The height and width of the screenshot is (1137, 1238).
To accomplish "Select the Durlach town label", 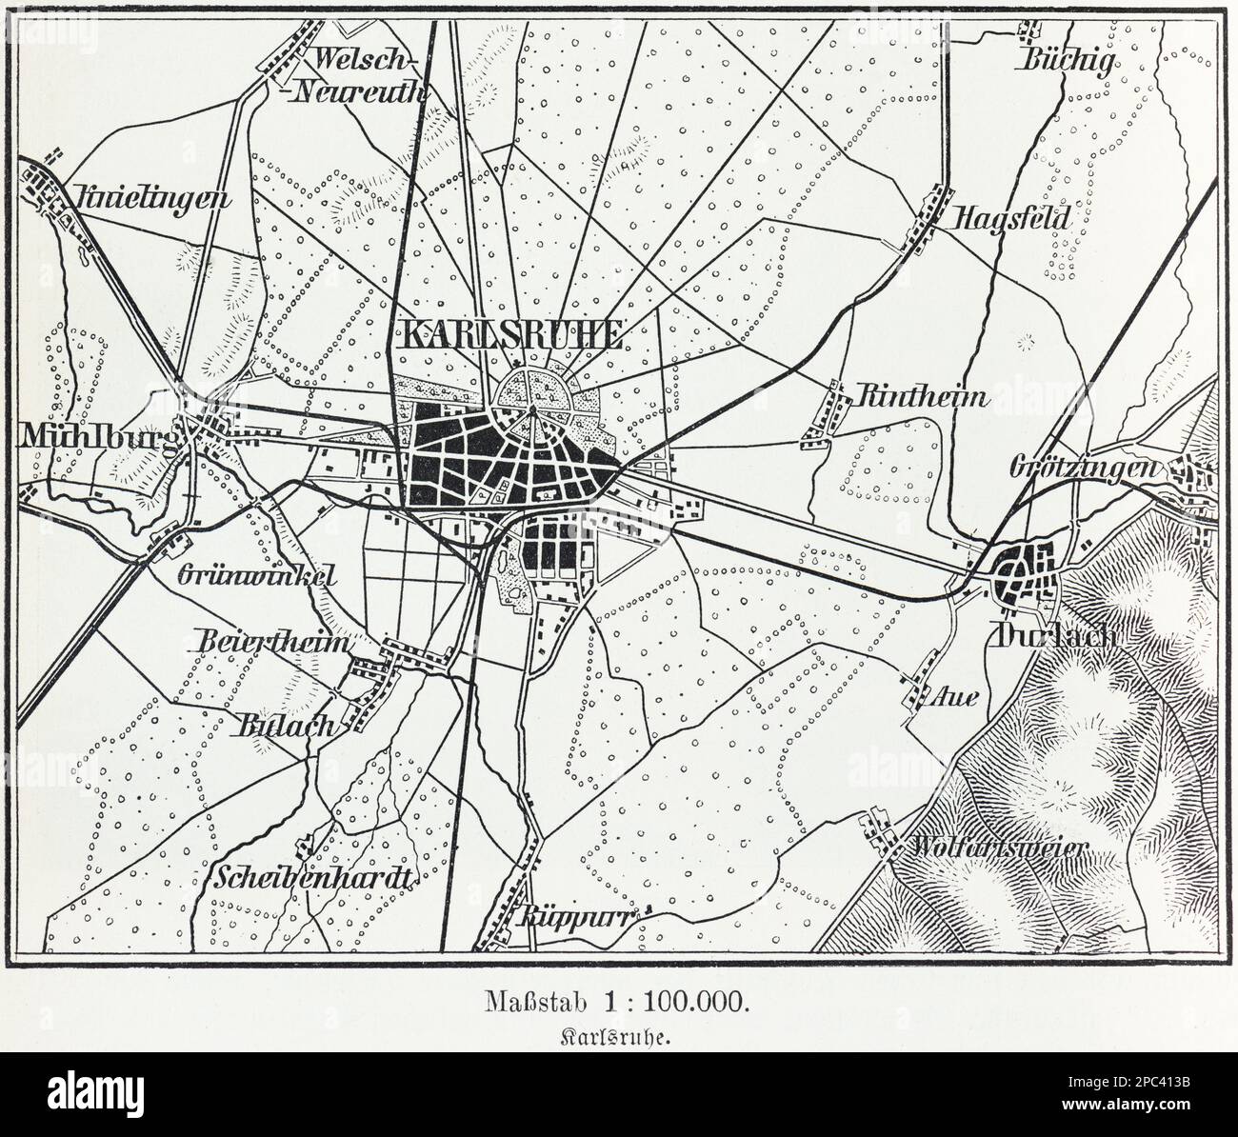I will point(1052,636).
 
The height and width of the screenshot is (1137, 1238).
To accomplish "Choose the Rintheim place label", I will point(922,398).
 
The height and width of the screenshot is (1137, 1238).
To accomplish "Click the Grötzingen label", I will point(1084,469).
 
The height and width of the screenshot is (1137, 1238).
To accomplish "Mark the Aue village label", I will point(958,697).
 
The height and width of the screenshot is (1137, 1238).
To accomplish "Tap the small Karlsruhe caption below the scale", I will point(618,1039).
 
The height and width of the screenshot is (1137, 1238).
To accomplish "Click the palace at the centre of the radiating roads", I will point(533,411).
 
